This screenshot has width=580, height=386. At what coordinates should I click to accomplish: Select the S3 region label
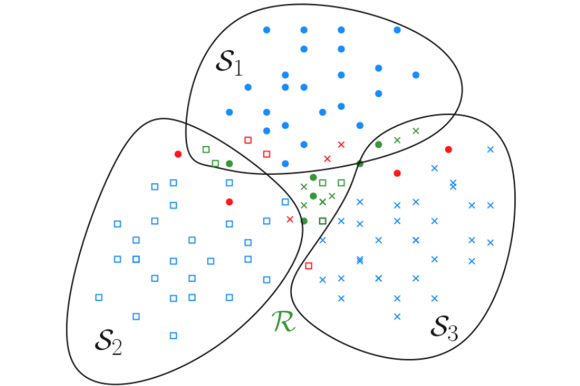pyautogui.click(x=444, y=329)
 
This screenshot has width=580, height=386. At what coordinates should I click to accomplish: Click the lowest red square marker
pyautogui.click(x=308, y=266)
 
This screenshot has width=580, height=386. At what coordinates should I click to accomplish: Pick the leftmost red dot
pyautogui.click(x=178, y=154)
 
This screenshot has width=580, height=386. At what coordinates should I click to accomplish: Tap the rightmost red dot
pyautogui.click(x=449, y=149)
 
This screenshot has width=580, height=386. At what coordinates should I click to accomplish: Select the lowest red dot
pyautogui.click(x=229, y=202)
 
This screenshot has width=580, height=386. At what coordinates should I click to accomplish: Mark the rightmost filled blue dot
pyautogui.click(x=416, y=75)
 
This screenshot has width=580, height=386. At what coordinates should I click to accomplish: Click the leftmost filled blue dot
pyautogui.click(x=229, y=113)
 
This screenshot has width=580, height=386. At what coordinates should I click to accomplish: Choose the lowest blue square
pyautogui.click(x=173, y=335)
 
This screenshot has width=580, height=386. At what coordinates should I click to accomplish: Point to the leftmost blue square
pyautogui.click(x=99, y=297)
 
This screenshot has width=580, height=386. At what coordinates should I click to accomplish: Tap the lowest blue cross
pyautogui.click(x=397, y=316)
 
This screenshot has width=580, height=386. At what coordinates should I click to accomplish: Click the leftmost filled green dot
pyautogui.click(x=229, y=164)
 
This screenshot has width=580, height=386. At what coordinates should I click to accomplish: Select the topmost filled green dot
pyautogui.click(x=378, y=145)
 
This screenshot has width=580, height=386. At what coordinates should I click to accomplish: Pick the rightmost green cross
pyautogui.click(x=416, y=131)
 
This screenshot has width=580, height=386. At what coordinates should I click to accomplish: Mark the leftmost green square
pyautogui.click(x=206, y=149)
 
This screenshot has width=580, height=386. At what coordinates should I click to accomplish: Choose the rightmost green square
pyautogui.click(x=341, y=183)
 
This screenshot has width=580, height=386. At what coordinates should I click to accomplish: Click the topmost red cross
pyautogui.click(x=341, y=144)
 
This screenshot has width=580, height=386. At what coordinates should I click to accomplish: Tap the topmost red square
pyautogui.click(x=248, y=140)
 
